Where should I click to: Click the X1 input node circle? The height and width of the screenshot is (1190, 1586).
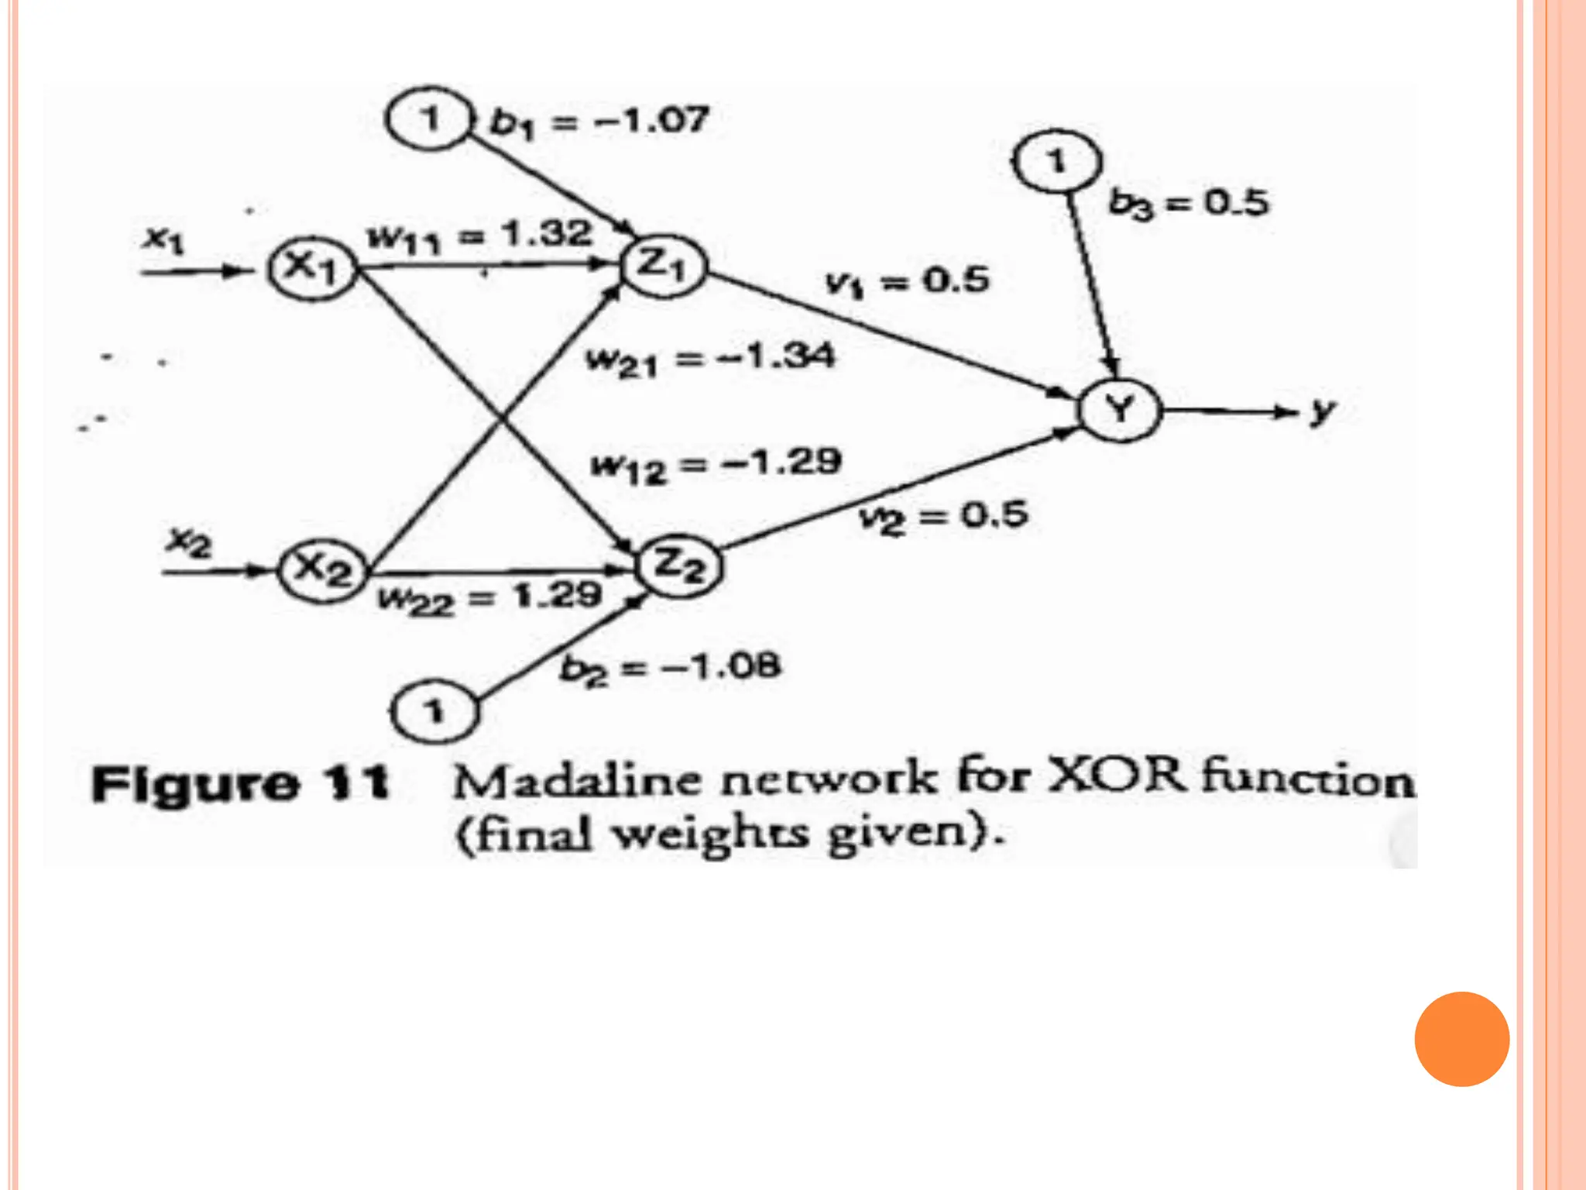point(311,268)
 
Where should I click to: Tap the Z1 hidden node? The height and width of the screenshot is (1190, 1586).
point(664,266)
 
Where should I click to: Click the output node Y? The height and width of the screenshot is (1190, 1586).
point(1121,408)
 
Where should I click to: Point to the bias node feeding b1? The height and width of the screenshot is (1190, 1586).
point(429,119)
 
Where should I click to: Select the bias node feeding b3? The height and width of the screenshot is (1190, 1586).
point(1056,161)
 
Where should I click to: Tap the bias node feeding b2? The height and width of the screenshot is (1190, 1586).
point(434,710)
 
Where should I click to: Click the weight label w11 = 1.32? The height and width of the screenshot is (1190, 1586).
point(480,236)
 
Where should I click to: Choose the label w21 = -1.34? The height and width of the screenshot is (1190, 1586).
point(711,359)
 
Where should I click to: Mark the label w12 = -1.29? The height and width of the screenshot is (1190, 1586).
point(716,465)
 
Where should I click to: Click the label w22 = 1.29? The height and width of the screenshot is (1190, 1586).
point(489,597)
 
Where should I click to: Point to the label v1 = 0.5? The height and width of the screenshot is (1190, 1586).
point(907,280)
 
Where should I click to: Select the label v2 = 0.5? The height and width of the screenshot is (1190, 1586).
point(944,516)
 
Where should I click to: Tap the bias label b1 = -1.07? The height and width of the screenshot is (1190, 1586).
point(599,122)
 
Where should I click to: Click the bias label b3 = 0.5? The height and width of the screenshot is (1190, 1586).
point(1189,204)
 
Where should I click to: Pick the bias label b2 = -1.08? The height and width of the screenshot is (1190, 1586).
point(670,668)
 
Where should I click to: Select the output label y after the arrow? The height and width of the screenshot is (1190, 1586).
point(1323,410)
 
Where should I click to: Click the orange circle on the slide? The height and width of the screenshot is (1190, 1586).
point(1461,1039)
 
